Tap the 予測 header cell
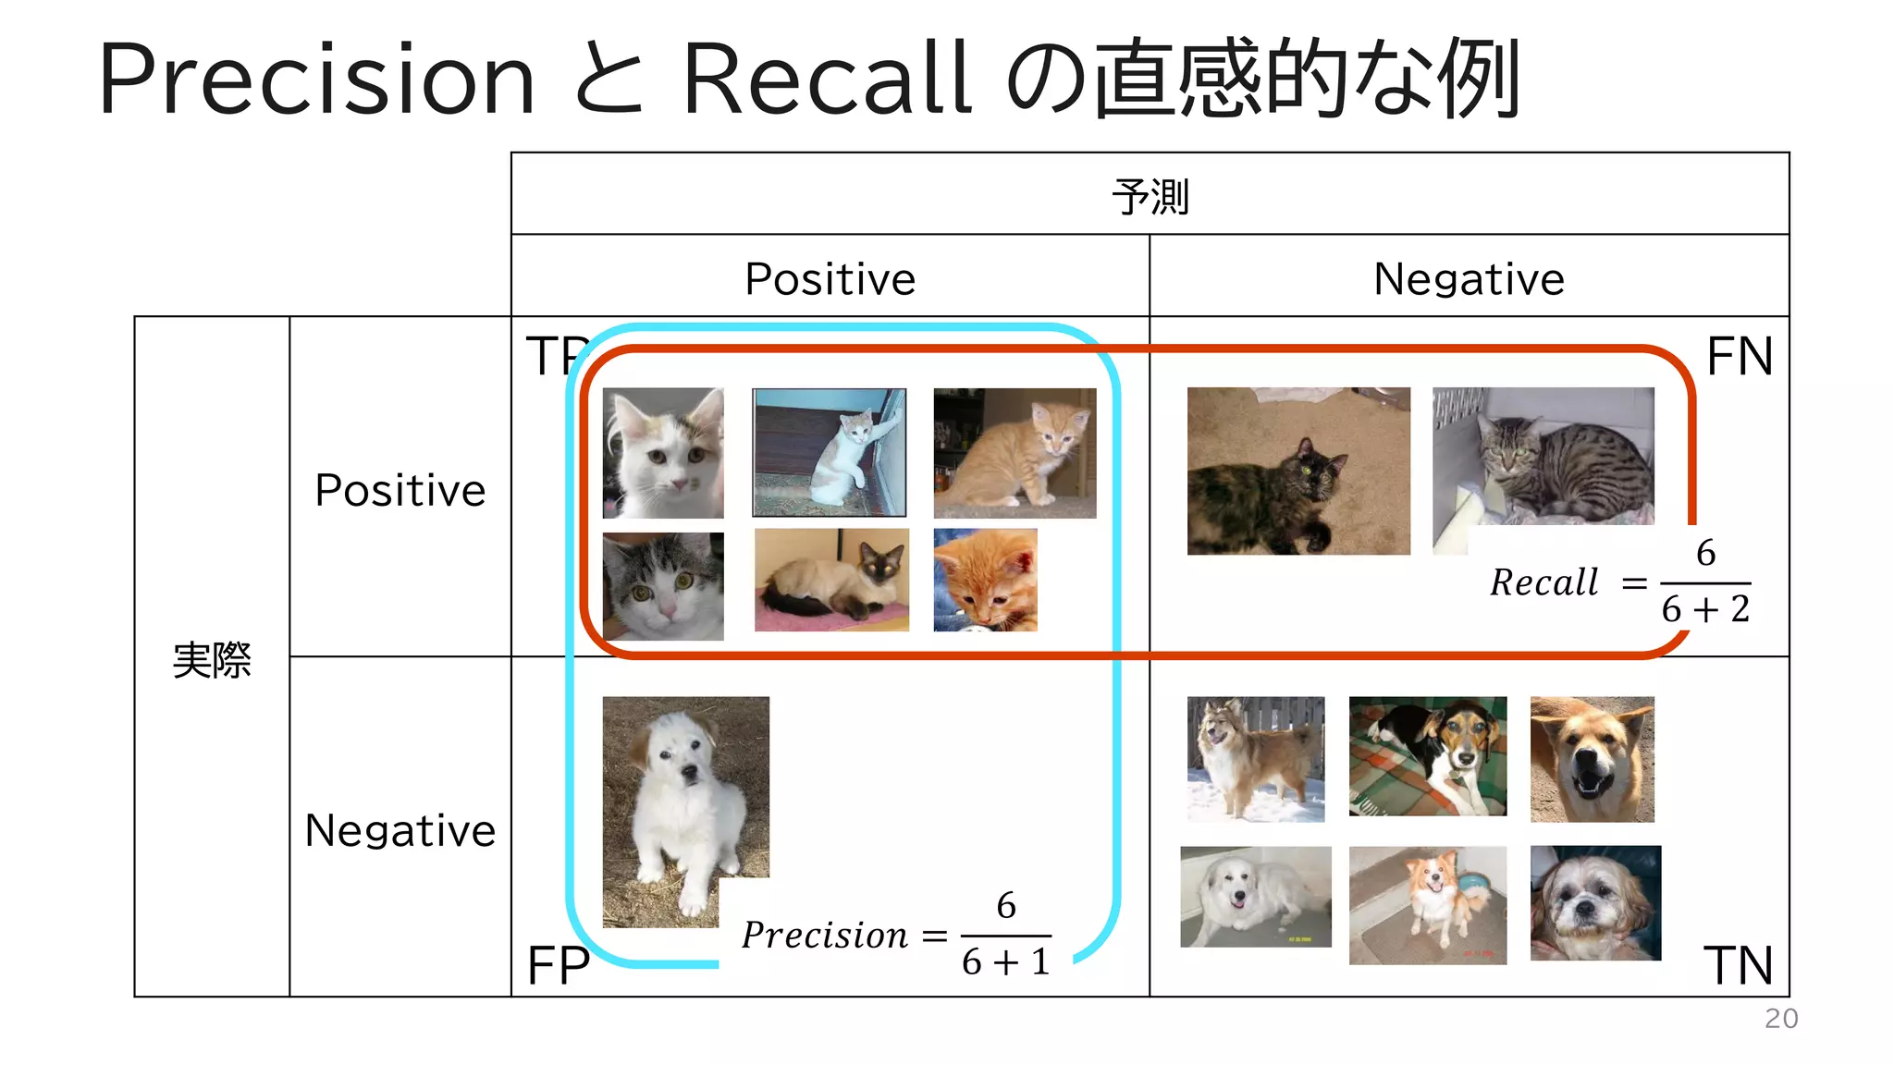coord(1150,196)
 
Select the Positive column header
coord(830,278)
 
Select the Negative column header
coord(1469,278)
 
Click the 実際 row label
coord(212,659)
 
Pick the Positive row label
coord(400,489)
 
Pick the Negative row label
coord(400,829)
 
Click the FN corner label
coord(1739,357)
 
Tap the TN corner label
coord(1737,965)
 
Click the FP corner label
coord(558,966)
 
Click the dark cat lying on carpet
coord(1298,471)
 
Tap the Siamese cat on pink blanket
coord(830,580)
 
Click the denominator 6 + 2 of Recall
coord(1704,609)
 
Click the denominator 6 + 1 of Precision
coord(1005,961)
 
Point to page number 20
coord(1780,1018)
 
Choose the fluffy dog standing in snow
coord(1255,759)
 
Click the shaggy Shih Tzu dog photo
coord(1594,902)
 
